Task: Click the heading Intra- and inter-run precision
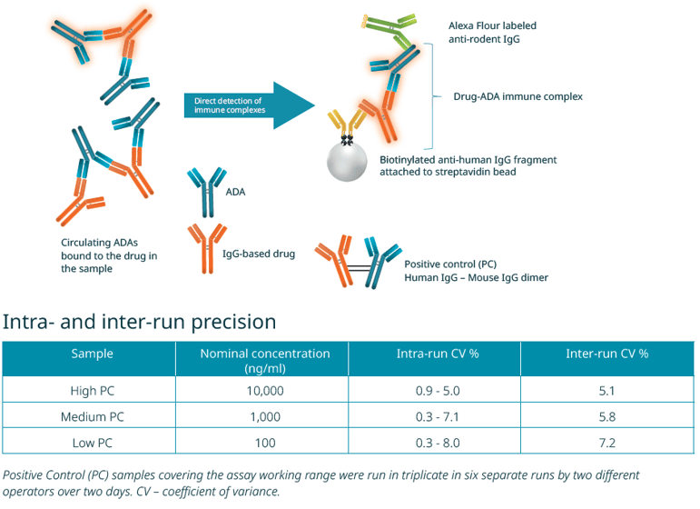click(x=140, y=322)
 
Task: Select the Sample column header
click(x=93, y=354)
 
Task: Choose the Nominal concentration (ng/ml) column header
click(x=264, y=360)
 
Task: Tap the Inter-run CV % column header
click(x=607, y=354)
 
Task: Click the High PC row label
click(x=93, y=390)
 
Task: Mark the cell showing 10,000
click(x=264, y=390)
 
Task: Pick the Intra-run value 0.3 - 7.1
click(x=437, y=415)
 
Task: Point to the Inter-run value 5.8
click(x=607, y=415)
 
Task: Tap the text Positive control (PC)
click(x=447, y=262)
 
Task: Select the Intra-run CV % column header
click(x=437, y=354)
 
